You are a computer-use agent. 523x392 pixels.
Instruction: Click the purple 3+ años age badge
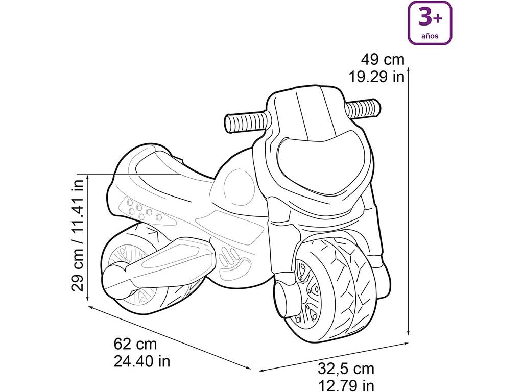point(430,22)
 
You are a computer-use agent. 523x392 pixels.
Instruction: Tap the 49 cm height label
point(383,60)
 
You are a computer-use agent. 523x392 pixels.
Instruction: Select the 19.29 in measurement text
point(376,77)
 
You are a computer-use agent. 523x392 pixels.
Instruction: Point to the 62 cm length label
point(135,344)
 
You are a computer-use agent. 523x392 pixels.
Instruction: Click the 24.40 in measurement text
point(142,361)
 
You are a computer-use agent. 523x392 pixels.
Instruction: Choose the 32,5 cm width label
point(346,369)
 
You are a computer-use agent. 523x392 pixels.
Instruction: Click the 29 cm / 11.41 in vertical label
point(78,235)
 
